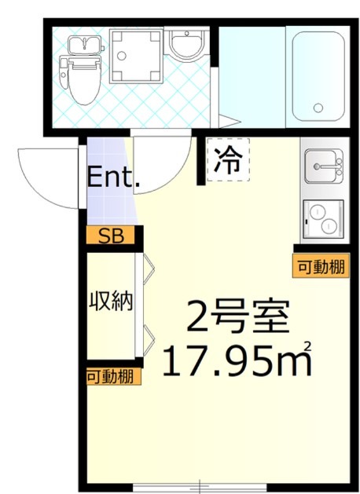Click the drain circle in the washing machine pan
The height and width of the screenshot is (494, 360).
point(134,54)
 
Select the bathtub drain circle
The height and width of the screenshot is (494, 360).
point(318,108)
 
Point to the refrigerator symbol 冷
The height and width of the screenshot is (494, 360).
point(228,161)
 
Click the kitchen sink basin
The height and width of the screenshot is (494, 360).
point(324,167)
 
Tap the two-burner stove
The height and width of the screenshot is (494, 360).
point(324,219)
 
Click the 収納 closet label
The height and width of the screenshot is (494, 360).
point(109,300)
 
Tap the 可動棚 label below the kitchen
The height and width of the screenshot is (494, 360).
point(320,266)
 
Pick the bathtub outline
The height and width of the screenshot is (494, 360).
point(318,75)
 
